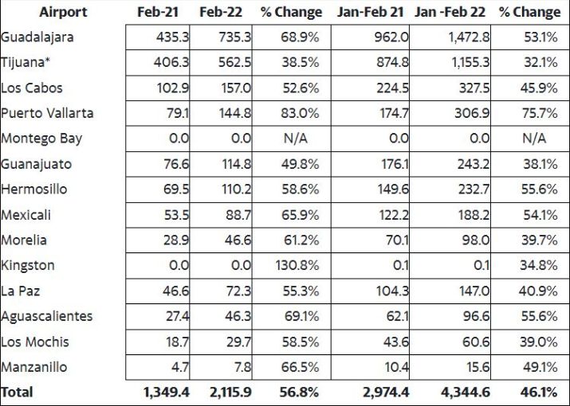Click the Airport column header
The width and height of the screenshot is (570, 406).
tap(63, 13)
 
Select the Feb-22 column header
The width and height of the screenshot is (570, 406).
tap(221, 13)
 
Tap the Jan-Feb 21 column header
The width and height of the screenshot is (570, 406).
tap(370, 13)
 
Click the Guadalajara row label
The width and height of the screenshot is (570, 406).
tap(37, 37)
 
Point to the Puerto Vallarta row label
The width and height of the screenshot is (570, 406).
tap(47, 113)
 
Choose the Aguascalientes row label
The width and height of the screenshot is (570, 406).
tap(46, 316)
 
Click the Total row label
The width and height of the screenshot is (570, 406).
tap(17, 392)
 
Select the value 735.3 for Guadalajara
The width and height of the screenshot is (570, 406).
tap(234, 37)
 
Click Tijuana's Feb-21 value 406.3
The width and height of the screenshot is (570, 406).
tap(171, 62)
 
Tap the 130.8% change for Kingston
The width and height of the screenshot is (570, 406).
tap(297, 265)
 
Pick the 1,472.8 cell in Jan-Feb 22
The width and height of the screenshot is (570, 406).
tap(469, 37)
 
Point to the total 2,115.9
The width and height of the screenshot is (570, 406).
tap(230, 392)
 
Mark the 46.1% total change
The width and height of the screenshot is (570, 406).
tap(538, 392)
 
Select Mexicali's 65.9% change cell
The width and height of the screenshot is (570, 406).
tap(300, 215)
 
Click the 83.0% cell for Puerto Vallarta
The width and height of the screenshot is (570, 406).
tap(300, 113)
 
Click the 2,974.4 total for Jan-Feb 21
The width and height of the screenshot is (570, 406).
tap(386, 392)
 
